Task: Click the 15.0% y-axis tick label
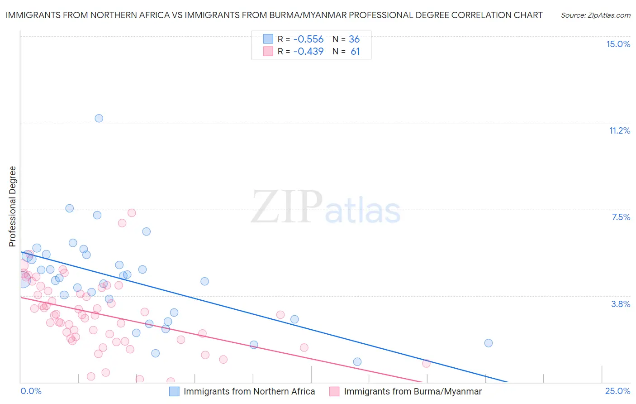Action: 618,44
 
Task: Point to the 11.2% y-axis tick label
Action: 619,130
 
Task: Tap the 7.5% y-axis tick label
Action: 621,217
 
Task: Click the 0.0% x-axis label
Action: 31,391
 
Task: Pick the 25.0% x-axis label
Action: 617,391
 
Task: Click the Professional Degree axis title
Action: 12,207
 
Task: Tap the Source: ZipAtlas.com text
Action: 595,15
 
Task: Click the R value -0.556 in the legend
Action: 308,39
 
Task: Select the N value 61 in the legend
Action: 355,52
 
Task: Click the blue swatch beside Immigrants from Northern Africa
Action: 174,391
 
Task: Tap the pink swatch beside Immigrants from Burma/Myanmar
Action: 334,391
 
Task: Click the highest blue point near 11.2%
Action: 99,118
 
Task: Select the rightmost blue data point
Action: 488,343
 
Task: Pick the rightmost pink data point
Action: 426,363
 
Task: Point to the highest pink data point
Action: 132,212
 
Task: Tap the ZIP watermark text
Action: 286,207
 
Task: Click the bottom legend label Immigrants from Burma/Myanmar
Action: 413,391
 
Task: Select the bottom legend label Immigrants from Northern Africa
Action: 249,391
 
